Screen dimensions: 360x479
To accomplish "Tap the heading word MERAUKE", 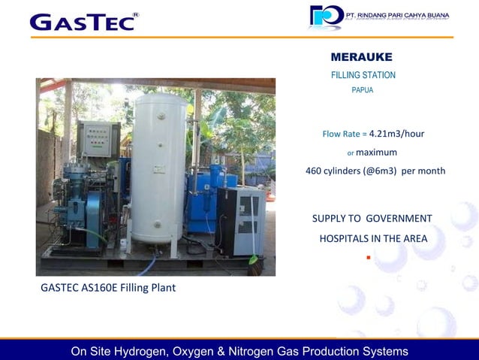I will (x=362, y=57).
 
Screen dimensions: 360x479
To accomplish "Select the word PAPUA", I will (x=363, y=90).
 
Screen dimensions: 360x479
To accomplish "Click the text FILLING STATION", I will (x=363, y=75).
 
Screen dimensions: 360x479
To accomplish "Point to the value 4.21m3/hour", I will (x=396, y=134).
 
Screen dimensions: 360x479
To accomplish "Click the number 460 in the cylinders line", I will (x=314, y=171).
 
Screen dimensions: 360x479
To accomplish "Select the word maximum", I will (x=376, y=152).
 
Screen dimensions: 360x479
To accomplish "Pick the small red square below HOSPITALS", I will (x=368, y=258).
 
